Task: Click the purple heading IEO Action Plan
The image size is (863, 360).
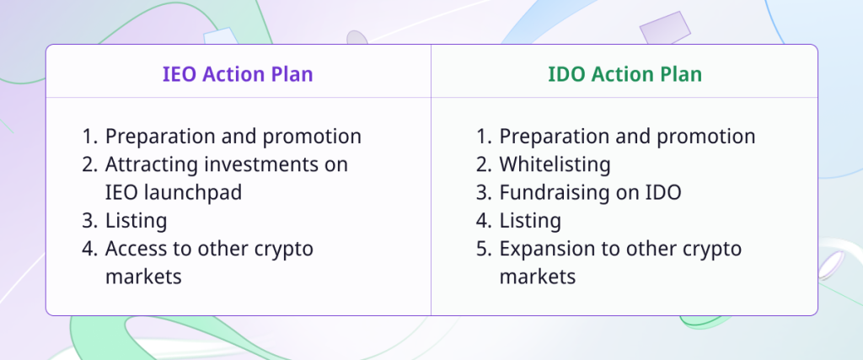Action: (x=238, y=74)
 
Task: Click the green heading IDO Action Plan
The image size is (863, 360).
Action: (x=624, y=74)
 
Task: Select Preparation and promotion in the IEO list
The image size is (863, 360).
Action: (x=233, y=137)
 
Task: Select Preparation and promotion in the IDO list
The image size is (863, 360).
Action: (x=627, y=137)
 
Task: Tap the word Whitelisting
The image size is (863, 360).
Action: (x=555, y=164)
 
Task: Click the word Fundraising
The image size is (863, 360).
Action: (x=555, y=192)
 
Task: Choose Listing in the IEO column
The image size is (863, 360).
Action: (x=136, y=221)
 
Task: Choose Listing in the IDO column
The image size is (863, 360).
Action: (x=530, y=221)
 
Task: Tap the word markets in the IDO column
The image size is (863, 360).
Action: (x=537, y=277)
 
